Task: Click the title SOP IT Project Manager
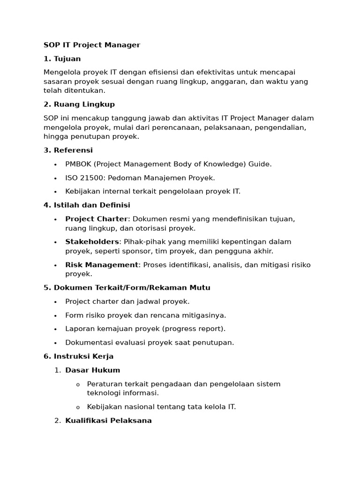[x=92, y=45]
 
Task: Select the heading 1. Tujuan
[x=62, y=59]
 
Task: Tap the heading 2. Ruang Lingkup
[x=79, y=104]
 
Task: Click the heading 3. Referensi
[x=68, y=150]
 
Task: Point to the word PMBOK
[x=78, y=164]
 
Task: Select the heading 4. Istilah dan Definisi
[x=87, y=205]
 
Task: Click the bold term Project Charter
[x=96, y=219]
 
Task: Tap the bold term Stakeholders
[x=92, y=242]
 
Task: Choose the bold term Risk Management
[x=102, y=265]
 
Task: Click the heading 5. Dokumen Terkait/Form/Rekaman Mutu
[x=127, y=287]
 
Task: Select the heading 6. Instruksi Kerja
[x=78, y=356]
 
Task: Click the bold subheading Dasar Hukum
[x=92, y=370]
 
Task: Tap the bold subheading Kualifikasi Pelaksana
[x=108, y=420]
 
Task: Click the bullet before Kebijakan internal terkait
[x=55, y=192]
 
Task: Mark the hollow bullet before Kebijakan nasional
[x=78, y=407]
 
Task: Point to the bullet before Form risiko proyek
[x=55, y=315]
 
